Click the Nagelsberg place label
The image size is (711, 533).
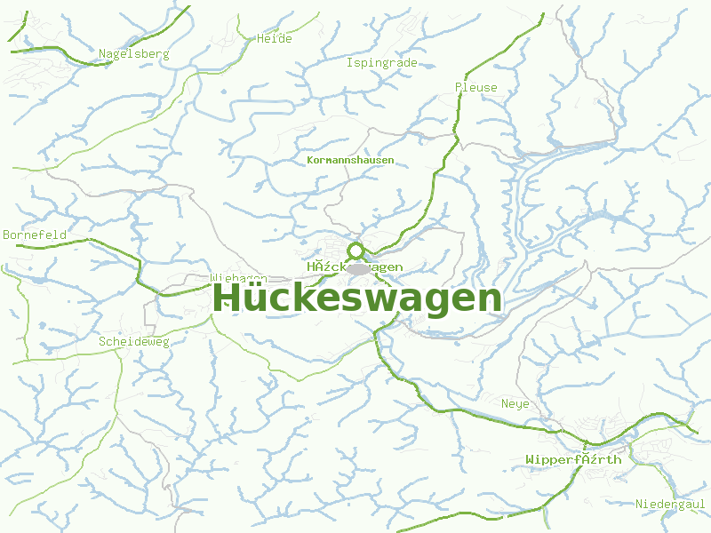click(133, 54)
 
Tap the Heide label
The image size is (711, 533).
click(274, 39)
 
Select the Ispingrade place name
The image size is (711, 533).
click(381, 63)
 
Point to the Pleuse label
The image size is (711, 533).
click(475, 87)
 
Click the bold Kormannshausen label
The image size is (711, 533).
click(349, 160)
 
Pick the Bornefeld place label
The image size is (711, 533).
click(35, 235)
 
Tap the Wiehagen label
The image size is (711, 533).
click(238, 278)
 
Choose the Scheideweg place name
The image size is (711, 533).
click(133, 341)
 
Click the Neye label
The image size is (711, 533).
click(515, 404)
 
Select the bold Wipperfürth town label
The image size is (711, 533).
click(573, 459)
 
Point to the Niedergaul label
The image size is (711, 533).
click(670, 505)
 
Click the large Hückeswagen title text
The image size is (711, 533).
click(357, 298)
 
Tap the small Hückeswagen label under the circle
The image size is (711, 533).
click(355, 266)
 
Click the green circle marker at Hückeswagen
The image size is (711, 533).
click(356, 251)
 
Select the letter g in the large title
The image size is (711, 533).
click(444, 302)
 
